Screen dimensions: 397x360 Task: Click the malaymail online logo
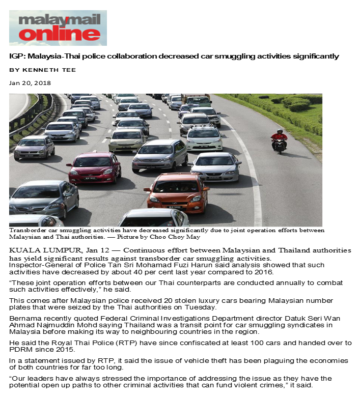point(58,27)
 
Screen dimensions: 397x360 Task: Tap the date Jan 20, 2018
point(30,83)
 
